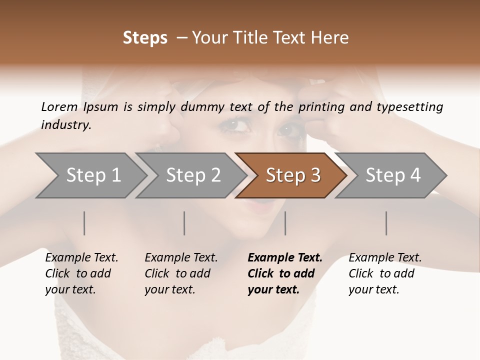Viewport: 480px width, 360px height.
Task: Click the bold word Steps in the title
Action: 145,38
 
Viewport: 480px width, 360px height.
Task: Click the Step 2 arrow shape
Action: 193,175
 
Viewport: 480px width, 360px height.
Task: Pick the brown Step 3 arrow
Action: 292,175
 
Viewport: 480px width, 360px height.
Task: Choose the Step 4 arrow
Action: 392,175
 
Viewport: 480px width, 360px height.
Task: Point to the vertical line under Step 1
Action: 84,223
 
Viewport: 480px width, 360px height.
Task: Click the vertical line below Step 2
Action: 184,223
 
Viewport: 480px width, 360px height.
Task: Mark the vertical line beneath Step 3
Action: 285,223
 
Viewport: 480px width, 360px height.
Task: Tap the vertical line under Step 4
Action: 386,223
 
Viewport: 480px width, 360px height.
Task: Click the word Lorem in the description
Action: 59,106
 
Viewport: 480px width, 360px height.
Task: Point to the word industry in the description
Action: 66,125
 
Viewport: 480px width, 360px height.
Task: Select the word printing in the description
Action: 320,107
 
